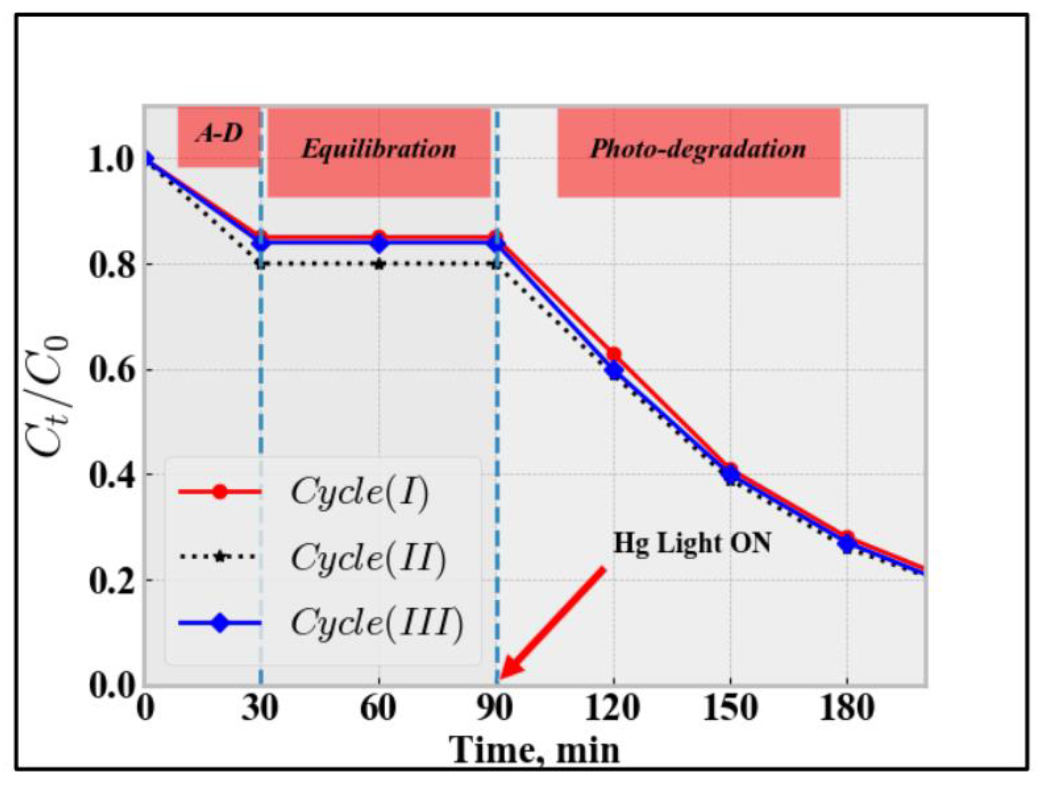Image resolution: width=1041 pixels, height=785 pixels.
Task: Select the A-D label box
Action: [219, 136]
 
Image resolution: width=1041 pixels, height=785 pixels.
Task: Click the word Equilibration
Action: [379, 150]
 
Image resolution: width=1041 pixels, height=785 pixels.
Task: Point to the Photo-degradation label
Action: [699, 150]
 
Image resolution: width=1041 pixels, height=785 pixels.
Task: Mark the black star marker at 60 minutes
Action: [379, 264]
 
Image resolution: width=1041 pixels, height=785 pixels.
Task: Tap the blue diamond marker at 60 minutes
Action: [379, 244]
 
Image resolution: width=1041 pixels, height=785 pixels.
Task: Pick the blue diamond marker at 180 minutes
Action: [847, 545]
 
